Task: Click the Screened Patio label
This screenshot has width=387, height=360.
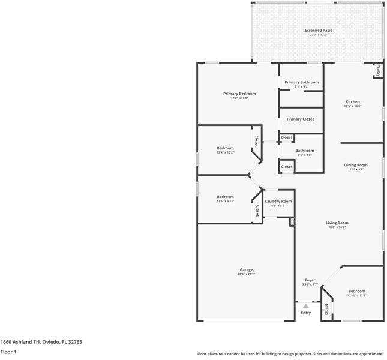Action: pos(318,30)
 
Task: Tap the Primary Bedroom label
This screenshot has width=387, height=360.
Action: pos(239,94)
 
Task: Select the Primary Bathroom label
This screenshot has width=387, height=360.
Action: pos(301,82)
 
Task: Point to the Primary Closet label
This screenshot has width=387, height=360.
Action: pos(300,119)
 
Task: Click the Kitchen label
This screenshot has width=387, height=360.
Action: pos(352,102)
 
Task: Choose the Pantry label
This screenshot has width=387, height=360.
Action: pos(378,70)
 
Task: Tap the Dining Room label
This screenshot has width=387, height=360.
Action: pos(355,165)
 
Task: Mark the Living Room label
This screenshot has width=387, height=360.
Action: pos(338,223)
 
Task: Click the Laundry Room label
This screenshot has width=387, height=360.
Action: pos(278,201)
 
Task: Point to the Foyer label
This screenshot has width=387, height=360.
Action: pos(310,280)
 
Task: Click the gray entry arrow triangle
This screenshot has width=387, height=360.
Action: pos(305,306)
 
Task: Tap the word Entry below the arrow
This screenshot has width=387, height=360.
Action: pos(306,313)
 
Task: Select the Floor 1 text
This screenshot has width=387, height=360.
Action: pos(8,352)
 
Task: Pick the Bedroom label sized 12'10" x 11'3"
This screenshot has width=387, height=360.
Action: pos(356,291)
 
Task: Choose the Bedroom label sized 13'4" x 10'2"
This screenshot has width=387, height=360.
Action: pos(225,148)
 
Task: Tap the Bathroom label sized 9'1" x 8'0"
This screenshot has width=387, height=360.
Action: pos(304,151)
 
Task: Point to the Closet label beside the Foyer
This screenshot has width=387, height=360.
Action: pos(326,309)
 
